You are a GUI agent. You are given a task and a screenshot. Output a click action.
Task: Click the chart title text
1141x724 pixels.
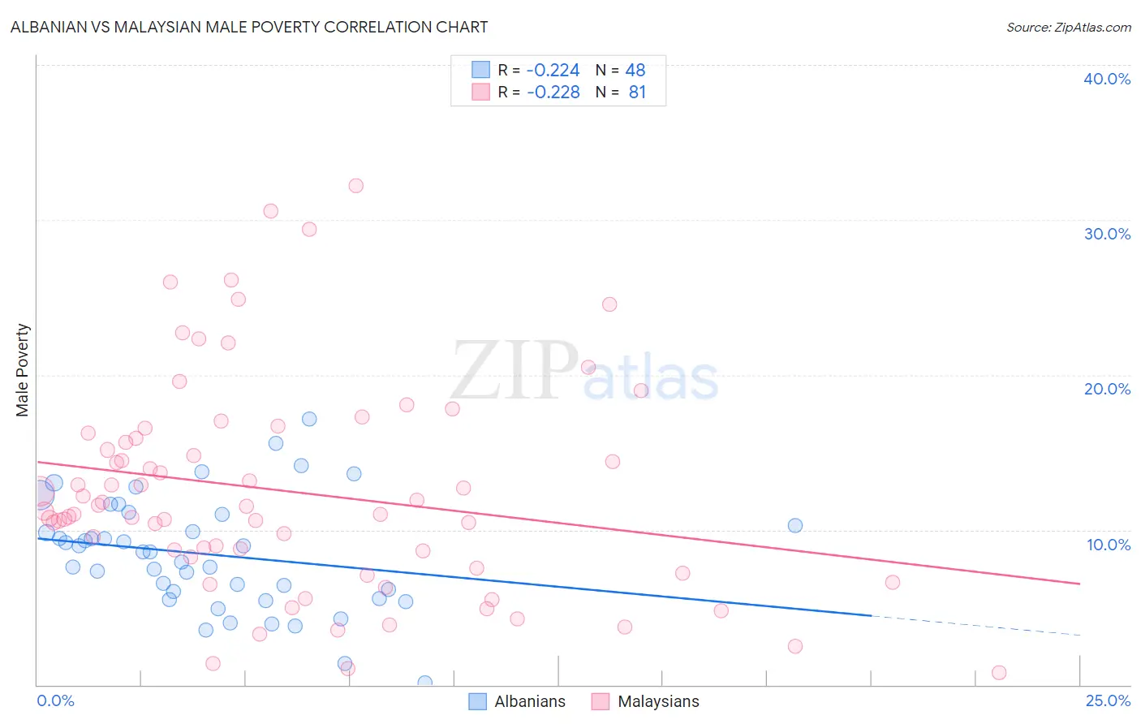(249, 27)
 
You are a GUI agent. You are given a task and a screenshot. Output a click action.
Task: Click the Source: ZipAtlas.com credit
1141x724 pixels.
(1068, 27)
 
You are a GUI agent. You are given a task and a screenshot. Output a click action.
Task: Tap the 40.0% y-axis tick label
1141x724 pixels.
(1107, 79)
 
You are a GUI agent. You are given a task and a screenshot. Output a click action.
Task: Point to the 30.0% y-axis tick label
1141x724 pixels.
(1107, 234)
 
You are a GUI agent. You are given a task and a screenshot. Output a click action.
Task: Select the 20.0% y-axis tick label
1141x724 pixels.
(1107, 389)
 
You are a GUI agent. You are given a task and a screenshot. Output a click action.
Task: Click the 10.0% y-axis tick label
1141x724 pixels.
(1109, 545)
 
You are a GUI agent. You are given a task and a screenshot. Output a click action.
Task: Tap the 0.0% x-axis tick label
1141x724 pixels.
(55, 700)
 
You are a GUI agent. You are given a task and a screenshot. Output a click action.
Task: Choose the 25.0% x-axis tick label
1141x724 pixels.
(1108, 700)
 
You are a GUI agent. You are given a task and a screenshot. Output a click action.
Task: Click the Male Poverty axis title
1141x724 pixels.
(22, 370)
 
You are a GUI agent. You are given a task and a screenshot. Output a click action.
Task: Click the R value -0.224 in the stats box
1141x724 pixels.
(553, 71)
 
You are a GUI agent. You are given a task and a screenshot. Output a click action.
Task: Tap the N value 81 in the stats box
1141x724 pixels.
(637, 93)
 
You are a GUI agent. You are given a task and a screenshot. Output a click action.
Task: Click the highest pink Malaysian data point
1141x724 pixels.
(355, 186)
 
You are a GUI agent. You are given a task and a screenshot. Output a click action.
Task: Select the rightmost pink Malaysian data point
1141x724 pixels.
(999, 673)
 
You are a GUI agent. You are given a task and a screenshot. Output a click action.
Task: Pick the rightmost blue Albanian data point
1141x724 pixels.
(795, 525)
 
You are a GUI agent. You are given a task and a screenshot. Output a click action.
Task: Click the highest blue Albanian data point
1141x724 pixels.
(309, 419)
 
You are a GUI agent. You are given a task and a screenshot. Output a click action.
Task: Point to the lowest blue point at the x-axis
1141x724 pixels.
(424, 683)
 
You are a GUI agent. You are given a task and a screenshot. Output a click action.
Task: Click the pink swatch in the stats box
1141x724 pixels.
(480, 92)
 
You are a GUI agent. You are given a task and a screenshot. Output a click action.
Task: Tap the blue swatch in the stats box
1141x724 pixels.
(480, 70)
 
